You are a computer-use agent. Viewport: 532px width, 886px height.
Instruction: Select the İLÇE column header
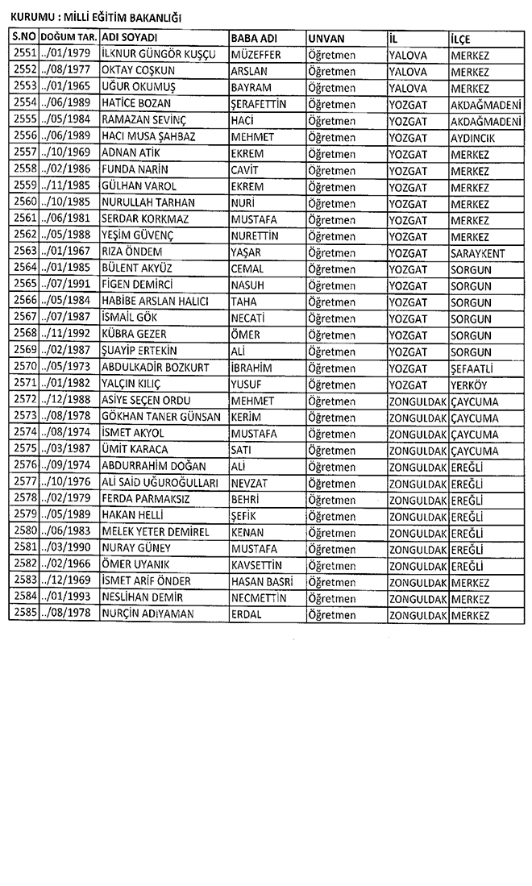pos(462,39)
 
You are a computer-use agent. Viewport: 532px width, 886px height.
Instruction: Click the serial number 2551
pos(23,54)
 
